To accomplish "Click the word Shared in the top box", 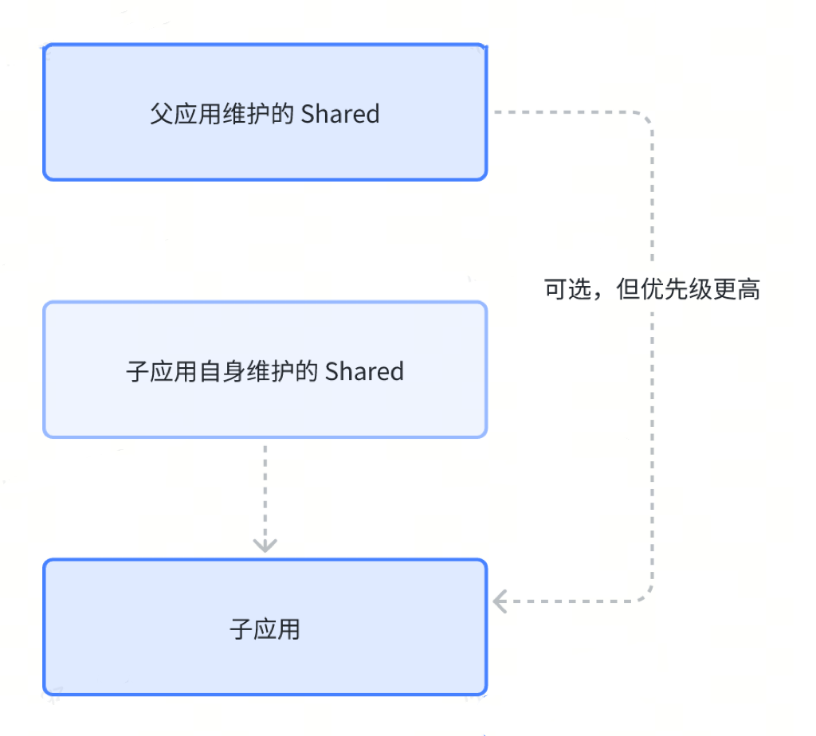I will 340,114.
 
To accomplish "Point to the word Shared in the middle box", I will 364,371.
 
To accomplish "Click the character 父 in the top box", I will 160,114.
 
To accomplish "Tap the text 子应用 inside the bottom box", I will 265,629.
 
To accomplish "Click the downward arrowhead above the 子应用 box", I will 265,545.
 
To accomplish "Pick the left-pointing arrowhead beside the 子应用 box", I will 500,601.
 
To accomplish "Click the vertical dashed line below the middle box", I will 265,486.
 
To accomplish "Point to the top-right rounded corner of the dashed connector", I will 645,119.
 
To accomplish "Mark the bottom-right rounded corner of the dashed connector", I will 645,594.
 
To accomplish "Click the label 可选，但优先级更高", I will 652,289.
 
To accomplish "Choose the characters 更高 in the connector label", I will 737,289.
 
